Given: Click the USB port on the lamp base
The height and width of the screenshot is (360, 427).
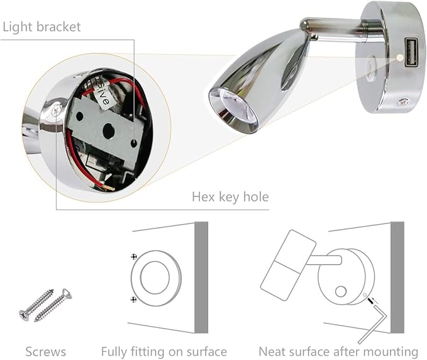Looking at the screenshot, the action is [410, 52].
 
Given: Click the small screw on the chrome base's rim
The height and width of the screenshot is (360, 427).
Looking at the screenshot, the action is [402, 102].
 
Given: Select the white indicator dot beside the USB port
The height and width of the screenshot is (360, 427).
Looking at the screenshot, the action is [399, 57].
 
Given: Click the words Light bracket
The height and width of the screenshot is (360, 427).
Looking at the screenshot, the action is [42, 27].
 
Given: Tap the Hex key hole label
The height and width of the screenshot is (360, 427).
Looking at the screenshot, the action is [230, 196].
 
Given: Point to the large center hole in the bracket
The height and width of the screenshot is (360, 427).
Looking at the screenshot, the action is [108, 130].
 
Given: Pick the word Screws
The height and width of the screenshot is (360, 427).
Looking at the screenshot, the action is [46, 352].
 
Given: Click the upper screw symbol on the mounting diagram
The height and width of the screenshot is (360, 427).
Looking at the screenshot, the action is [133, 256].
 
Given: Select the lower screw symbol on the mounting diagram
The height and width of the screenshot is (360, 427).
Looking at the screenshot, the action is [133, 300].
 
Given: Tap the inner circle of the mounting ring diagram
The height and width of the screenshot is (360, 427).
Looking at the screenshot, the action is [155, 278].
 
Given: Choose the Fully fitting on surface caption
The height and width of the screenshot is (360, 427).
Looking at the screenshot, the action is [164, 352].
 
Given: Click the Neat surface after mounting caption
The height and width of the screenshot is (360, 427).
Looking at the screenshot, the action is [338, 352].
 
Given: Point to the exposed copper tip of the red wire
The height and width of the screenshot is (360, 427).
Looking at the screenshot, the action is [111, 188].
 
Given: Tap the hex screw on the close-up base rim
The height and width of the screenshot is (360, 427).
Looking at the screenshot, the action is [56, 111].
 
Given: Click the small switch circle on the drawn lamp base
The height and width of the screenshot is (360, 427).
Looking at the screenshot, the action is [341, 291].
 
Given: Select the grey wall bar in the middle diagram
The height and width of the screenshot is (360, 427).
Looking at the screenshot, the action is [201, 277].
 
